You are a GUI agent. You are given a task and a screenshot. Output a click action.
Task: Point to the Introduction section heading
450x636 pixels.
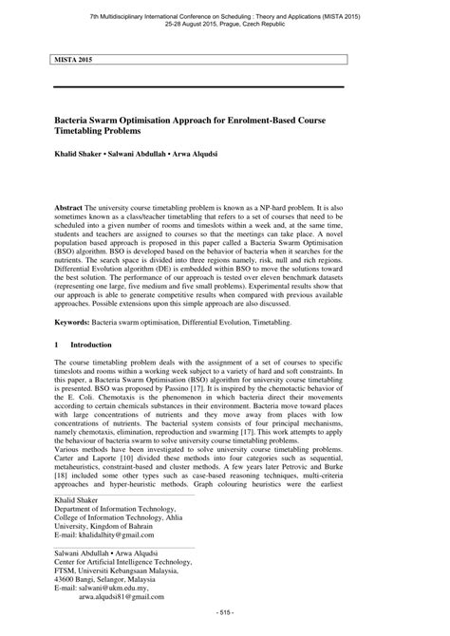point(92,345)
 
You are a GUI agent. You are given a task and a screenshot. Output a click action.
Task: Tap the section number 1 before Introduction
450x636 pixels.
point(58,345)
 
